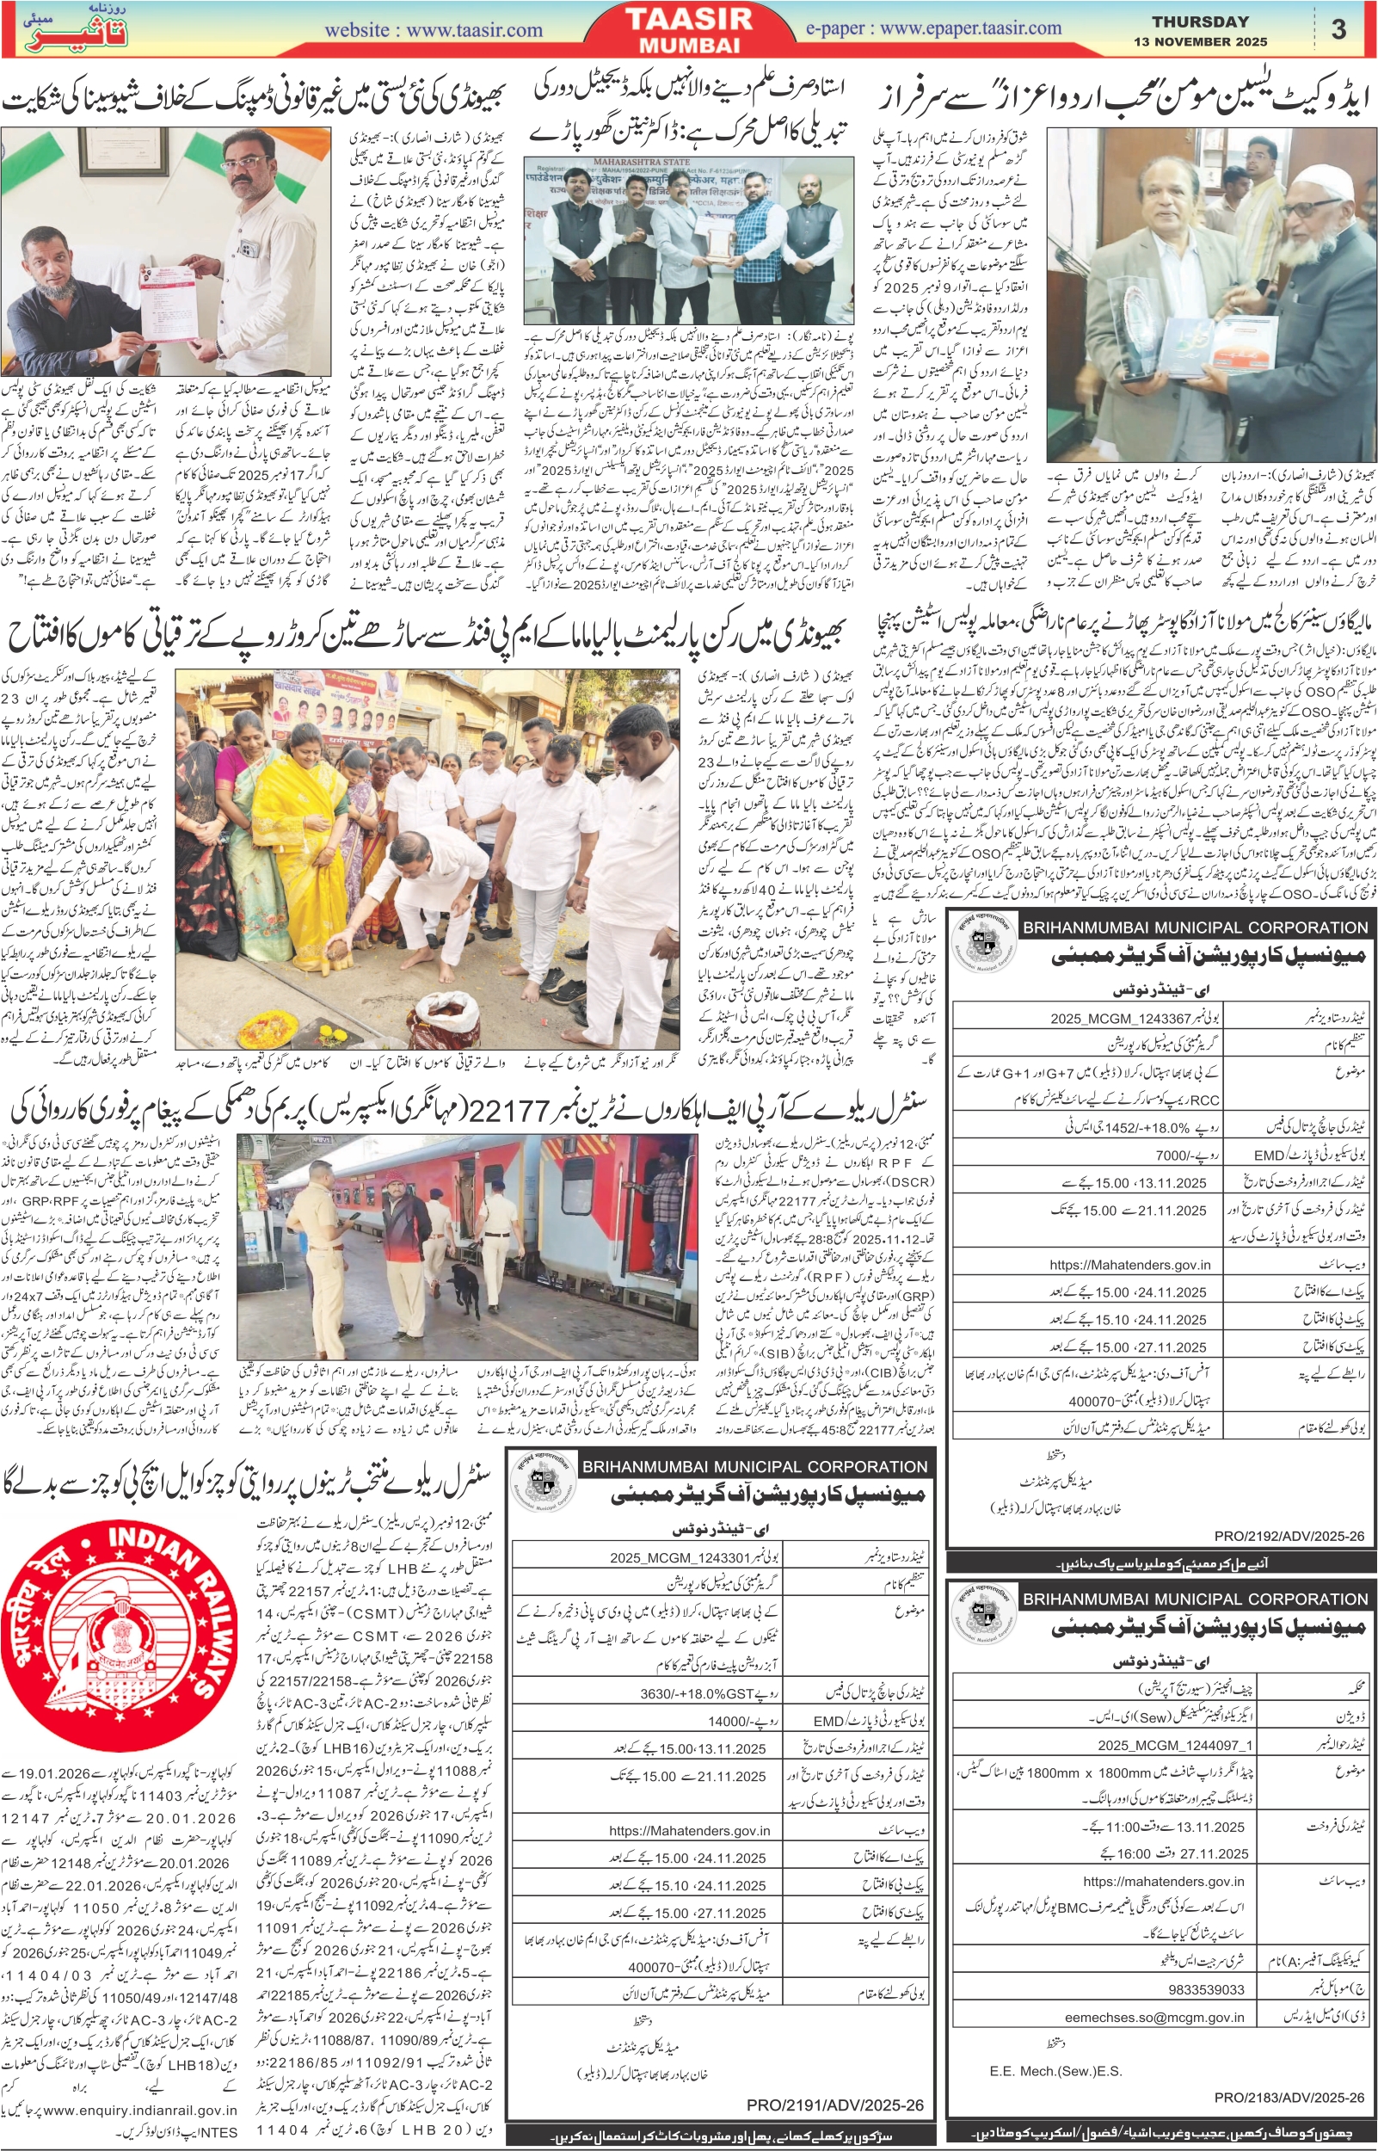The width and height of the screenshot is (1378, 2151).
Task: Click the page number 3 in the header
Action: pos(1338,29)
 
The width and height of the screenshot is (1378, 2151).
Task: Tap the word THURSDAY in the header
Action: pos(1200,22)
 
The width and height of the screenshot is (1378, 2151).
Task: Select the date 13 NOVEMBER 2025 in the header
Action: pos(1200,41)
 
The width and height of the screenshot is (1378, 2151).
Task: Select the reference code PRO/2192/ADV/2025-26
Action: pos(1289,1536)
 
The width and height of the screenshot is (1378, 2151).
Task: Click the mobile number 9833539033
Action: pos(1205,1989)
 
